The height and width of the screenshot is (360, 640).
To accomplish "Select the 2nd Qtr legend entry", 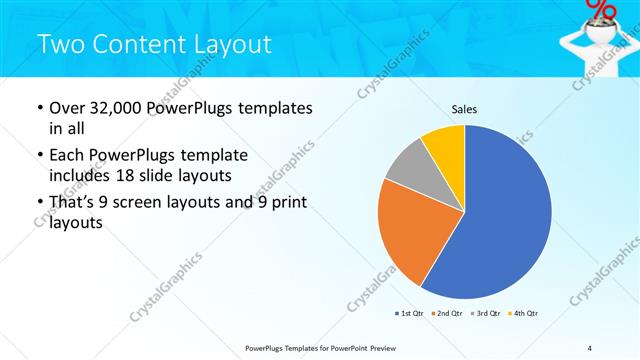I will (446, 314).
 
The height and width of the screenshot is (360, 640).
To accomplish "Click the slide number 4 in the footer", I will (590, 347).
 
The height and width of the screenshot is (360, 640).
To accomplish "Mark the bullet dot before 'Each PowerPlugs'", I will (39, 156).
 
